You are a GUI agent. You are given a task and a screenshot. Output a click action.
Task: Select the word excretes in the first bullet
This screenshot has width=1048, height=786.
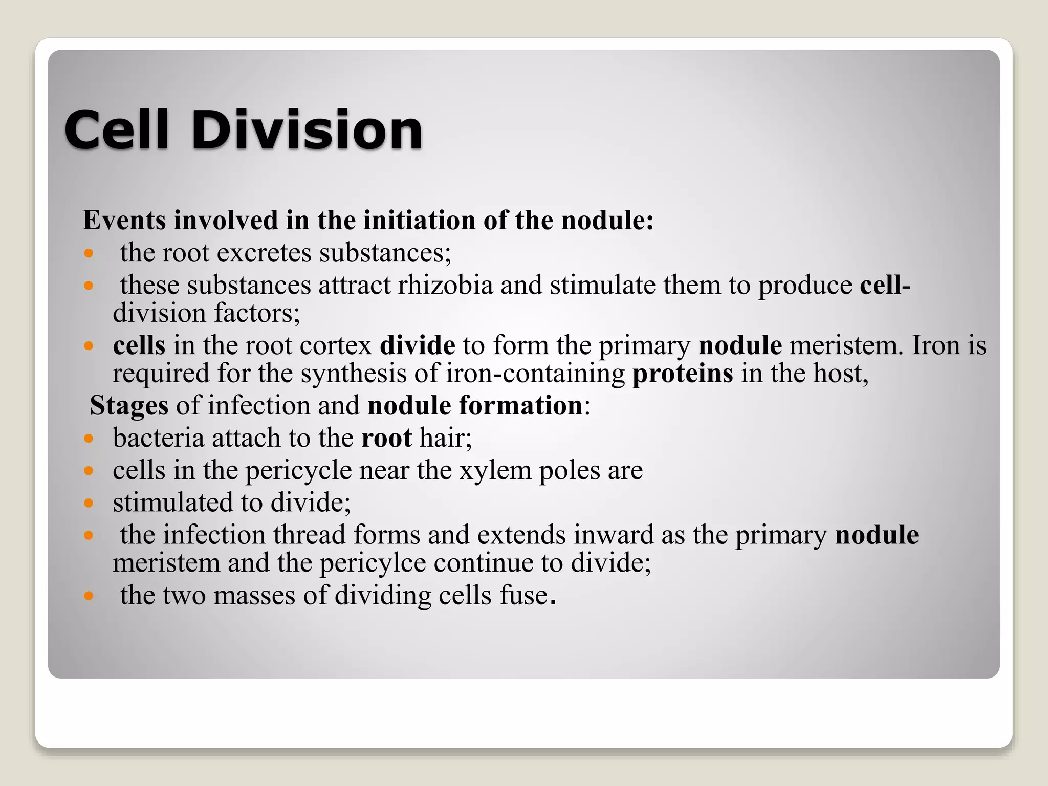click(264, 253)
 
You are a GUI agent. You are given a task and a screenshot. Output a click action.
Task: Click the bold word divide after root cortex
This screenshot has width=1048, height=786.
click(417, 345)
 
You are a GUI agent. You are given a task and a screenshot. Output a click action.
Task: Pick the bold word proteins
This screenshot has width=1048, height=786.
click(683, 374)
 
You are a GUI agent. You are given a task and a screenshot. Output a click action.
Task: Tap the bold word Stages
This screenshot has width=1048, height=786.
click(129, 406)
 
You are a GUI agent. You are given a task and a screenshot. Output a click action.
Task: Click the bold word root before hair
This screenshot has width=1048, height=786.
click(386, 438)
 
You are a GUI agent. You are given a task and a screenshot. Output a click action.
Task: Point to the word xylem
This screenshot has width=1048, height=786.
click(495, 470)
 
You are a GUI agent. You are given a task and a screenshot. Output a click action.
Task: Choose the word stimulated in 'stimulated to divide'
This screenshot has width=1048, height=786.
click(172, 503)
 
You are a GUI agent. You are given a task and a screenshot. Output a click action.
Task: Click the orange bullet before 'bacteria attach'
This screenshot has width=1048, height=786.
click(89, 439)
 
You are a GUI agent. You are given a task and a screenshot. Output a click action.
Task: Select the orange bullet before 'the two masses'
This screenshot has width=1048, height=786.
click(89, 596)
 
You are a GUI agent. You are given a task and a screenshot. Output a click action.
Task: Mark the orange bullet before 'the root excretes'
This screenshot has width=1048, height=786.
click(89, 253)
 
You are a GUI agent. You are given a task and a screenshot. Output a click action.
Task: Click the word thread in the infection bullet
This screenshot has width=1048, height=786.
click(309, 535)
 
